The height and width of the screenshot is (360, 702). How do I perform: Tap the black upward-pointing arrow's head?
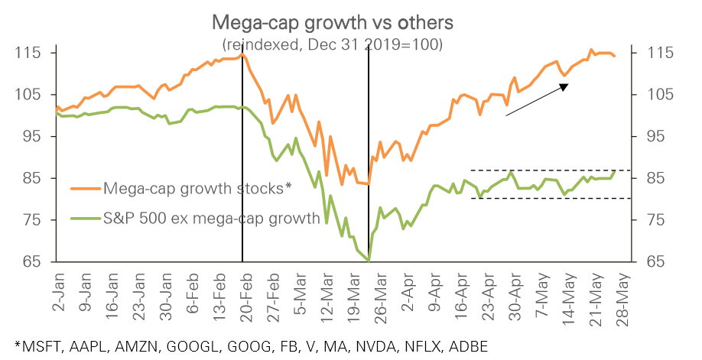564,86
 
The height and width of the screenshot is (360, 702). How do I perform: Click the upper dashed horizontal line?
551,170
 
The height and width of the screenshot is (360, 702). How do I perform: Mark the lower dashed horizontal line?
551,199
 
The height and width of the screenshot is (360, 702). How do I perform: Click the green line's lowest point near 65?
369,261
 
